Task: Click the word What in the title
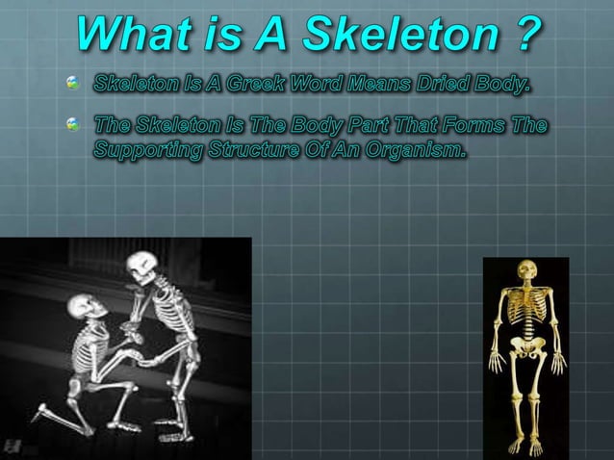[135, 38]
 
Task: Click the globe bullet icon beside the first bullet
[71, 87]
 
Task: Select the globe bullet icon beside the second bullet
[71, 125]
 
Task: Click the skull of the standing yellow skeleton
[525, 273]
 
